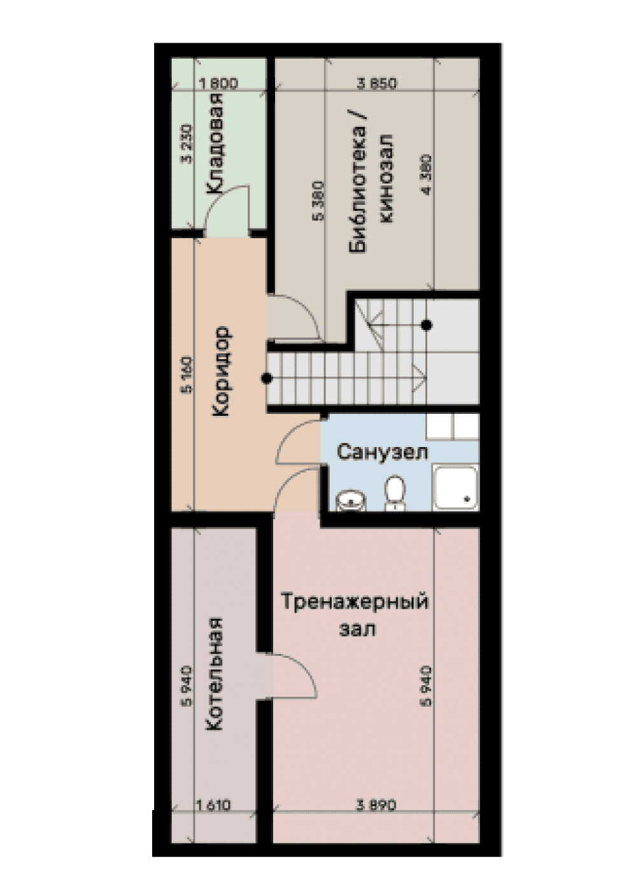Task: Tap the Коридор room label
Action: (220, 372)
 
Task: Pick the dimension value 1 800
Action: (218, 84)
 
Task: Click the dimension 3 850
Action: (377, 84)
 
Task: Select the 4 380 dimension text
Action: (428, 174)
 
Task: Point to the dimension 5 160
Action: (187, 375)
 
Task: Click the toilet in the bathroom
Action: (395, 492)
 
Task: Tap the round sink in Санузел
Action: (351, 500)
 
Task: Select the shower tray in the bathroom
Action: (456, 488)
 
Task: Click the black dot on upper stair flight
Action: (427, 325)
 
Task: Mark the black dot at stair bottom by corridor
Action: (266, 378)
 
